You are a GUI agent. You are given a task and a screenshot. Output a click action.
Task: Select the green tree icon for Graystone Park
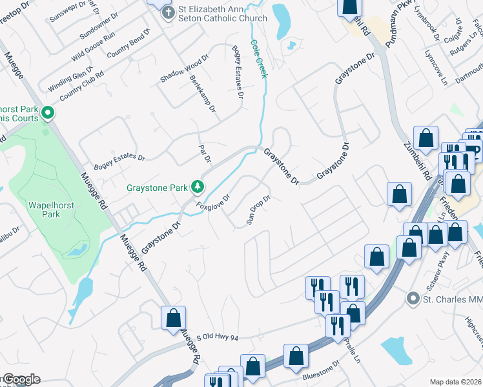tap(198, 188)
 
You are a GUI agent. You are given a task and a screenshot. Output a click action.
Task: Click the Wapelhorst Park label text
tap(44, 210)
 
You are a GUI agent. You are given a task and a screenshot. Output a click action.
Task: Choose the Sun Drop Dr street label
tap(258, 210)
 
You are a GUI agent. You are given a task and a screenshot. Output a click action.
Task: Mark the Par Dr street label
tap(205, 154)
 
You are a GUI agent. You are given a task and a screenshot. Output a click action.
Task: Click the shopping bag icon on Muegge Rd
tap(173, 318)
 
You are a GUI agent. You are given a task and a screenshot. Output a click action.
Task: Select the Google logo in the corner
tap(21, 380)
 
